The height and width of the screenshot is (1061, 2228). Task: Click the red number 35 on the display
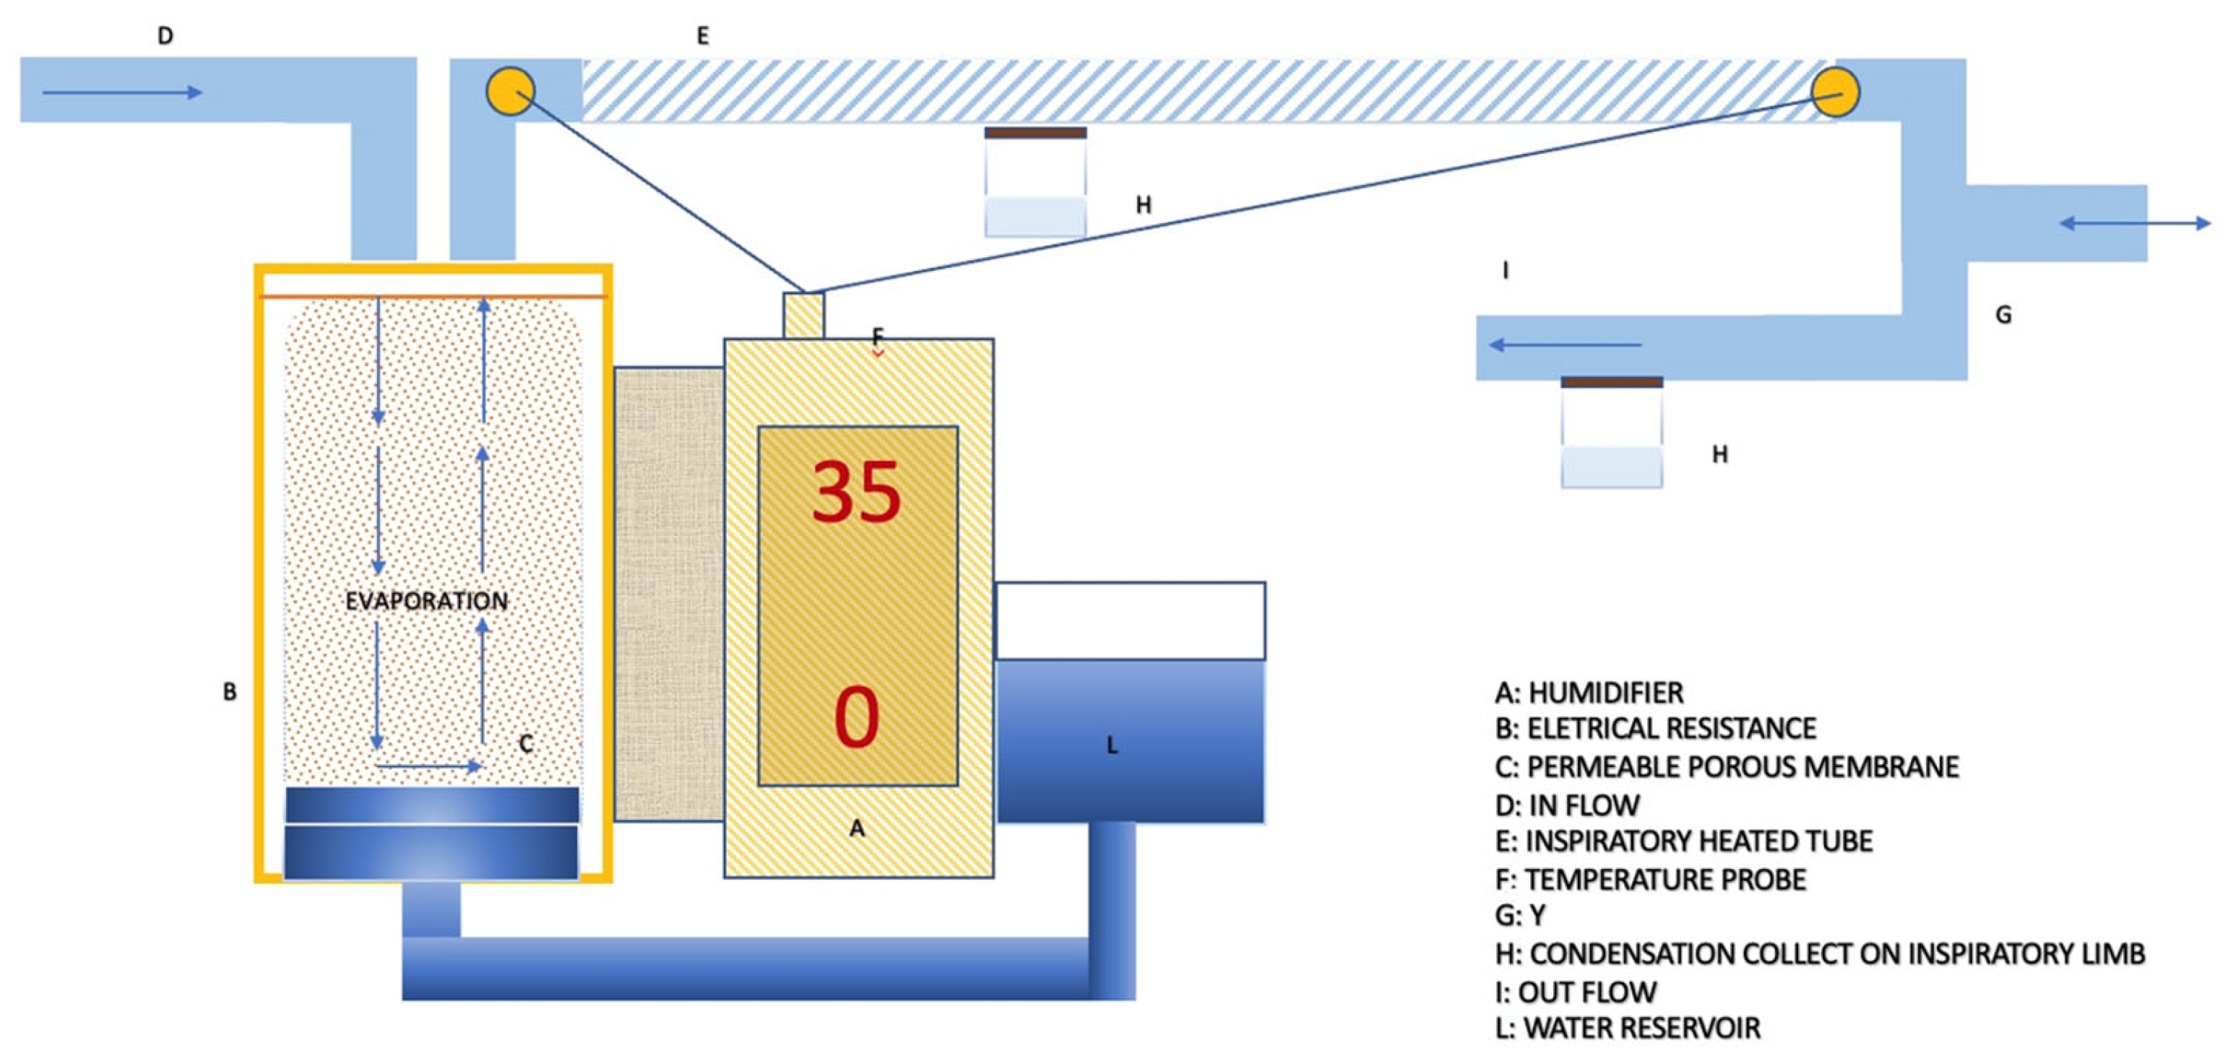(x=856, y=492)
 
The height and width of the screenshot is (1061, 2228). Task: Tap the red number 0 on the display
(x=856, y=717)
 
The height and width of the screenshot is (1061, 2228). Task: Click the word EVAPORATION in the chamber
(x=426, y=601)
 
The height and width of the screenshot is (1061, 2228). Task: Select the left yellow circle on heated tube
(x=510, y=91)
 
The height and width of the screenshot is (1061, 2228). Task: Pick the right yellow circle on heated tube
(x=1834, y=92)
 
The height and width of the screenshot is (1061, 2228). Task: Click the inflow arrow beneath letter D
(x=122, y=92)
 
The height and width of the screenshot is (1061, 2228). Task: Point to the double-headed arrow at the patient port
(x=2134, y=223)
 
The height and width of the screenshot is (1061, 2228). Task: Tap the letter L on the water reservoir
(x=1113, y=745)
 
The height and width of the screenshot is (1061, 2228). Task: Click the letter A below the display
(x=856, y=828)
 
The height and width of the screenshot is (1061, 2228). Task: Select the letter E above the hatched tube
(x=702, y=35)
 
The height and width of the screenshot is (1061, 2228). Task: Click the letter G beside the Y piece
(x=2003, y=315)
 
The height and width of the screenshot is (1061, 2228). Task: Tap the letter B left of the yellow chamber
(x=229, y=692)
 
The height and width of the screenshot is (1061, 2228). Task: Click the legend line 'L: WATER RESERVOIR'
(x=1627, y=1028)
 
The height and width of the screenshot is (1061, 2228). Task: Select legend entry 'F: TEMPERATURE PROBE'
(x=1650, y=880)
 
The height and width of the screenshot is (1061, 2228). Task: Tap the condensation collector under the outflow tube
(x=1611, y=433)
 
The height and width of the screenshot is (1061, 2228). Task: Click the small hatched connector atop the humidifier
(x=803, y=315)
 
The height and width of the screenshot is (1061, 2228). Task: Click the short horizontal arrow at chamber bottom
(x=429, y=766)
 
